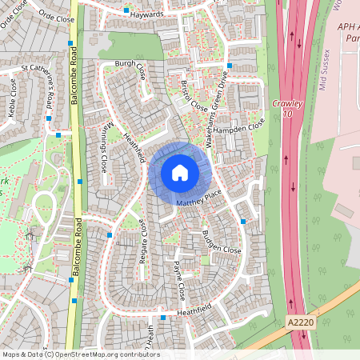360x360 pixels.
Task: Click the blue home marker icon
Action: (x=180, y=172)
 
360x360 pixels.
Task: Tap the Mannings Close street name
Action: (x=100, y=152)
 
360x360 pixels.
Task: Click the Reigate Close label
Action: (x=142, y=236)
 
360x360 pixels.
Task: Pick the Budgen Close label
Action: (x=221, y=243)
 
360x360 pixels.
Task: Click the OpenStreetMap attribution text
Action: (x=80, y=354)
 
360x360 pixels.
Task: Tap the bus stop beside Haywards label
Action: (x=126, y=11)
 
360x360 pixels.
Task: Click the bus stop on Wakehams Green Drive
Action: (x=229, y=66)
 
